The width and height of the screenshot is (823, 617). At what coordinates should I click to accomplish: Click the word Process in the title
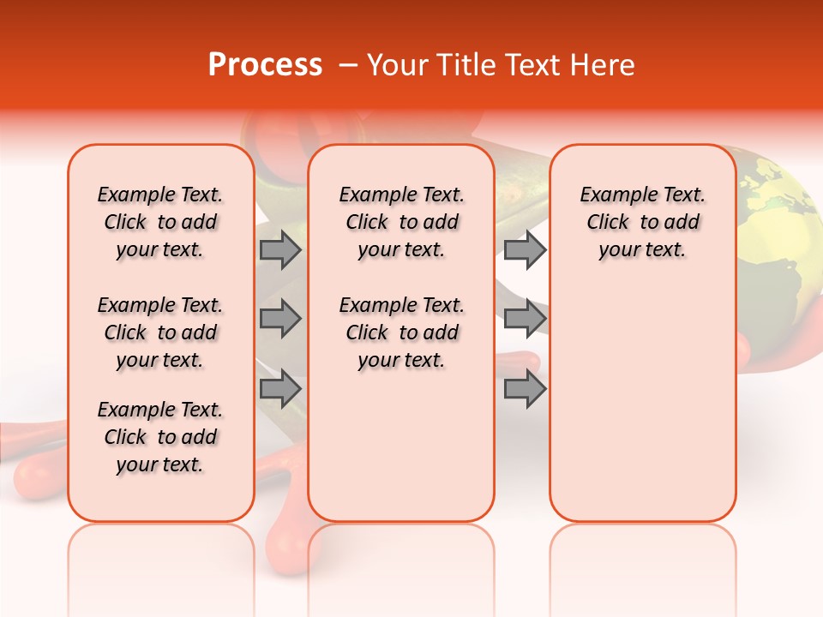(265, 64)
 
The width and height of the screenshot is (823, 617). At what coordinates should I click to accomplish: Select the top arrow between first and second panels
(280, 250)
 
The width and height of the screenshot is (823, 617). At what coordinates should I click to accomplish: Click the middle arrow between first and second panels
(280, 319)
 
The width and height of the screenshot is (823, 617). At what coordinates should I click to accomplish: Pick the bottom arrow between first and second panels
(280, 388)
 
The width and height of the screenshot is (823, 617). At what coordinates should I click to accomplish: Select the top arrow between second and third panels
(525, 250)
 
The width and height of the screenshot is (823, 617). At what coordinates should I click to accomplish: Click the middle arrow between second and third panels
(525, 319)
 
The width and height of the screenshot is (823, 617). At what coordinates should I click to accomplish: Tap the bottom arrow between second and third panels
(525, 388)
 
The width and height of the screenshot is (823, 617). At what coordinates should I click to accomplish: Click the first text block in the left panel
(160, 222)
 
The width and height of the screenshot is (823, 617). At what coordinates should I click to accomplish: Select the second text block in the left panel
(160, 332)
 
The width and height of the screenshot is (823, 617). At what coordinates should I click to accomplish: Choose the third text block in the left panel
(160, 437)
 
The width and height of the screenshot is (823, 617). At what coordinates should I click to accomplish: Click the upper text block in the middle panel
(402, 222)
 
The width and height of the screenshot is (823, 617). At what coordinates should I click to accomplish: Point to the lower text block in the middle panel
(402, 332)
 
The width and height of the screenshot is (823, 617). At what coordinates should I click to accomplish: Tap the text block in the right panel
(643, 222)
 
